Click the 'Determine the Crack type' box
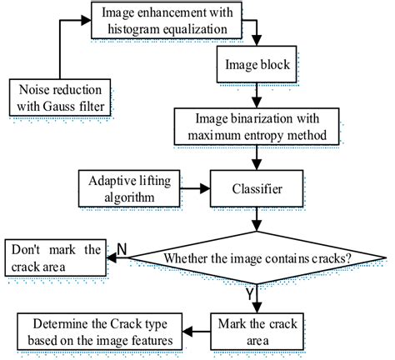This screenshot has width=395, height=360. click(99, 330)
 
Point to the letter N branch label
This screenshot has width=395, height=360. click(122, 248)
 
